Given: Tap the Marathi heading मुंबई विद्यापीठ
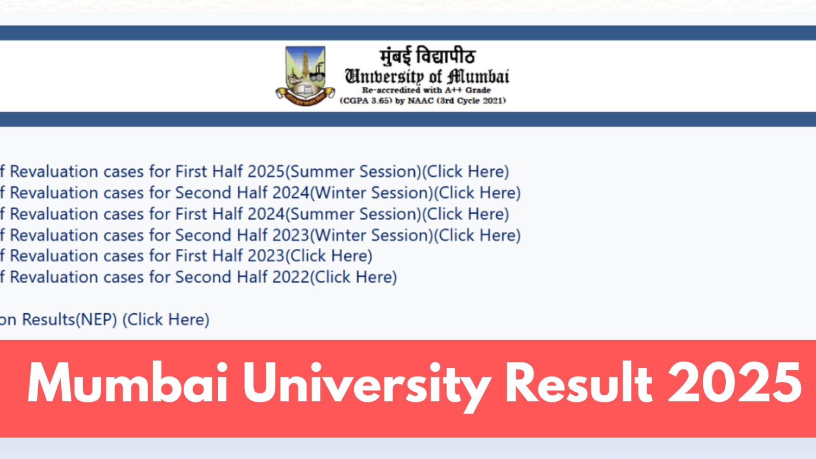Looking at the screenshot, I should [x=427, y=56].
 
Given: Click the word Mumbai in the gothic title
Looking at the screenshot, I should [x=478, y=76].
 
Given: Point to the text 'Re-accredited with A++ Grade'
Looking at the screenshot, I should [x=426, y=90].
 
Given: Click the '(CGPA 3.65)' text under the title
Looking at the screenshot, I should [x=366, y=100].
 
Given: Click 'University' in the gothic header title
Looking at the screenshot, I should [x=384, y=76].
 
